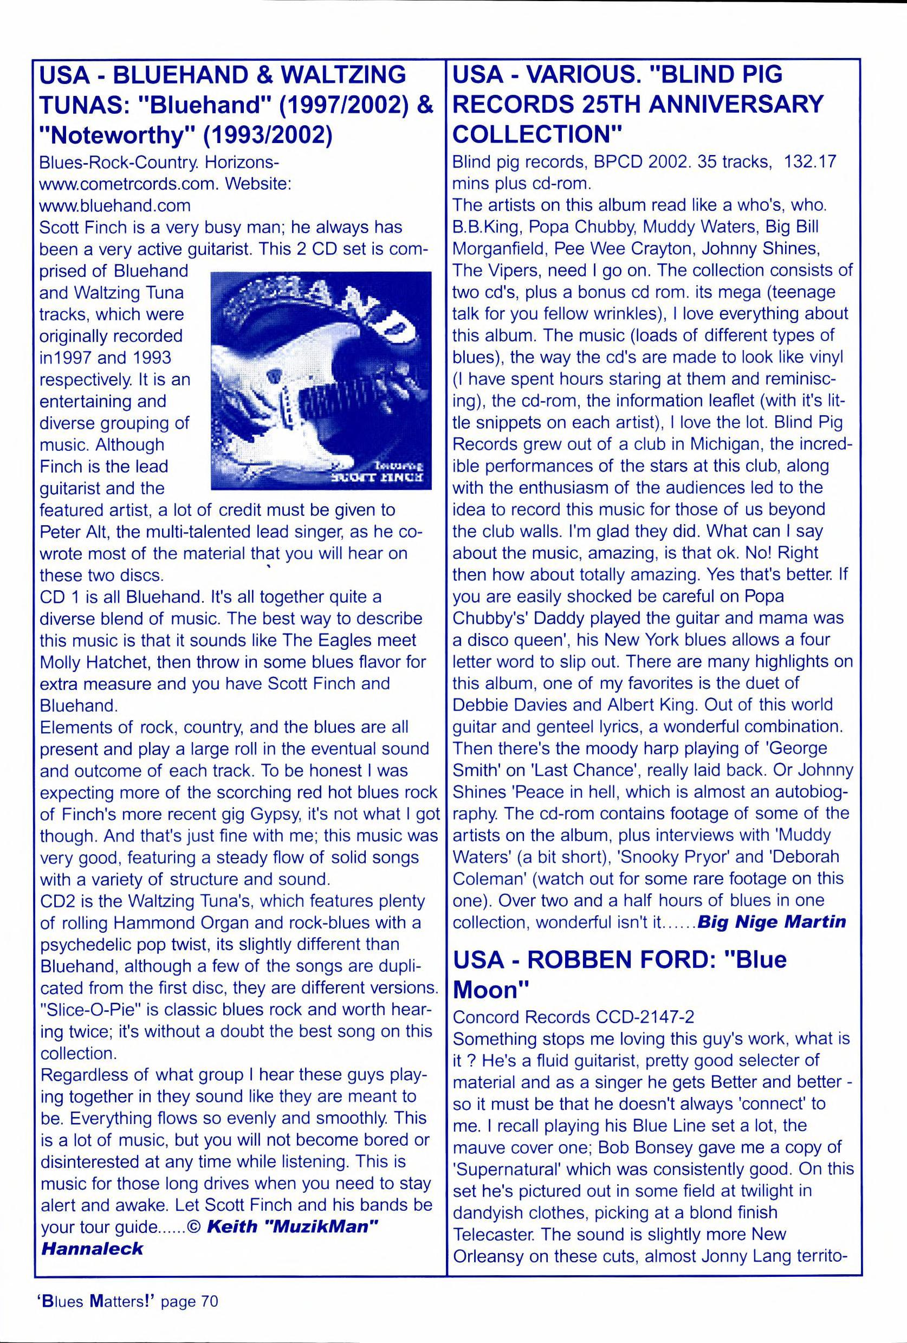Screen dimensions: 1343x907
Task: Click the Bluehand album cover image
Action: click(x=320, y=380)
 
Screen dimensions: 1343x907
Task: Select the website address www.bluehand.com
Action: click(x=114, y=206)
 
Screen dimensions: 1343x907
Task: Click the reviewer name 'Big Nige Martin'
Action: click(x=772, y=921)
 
